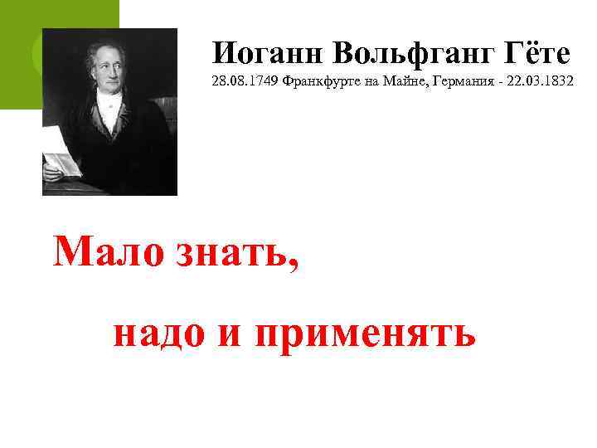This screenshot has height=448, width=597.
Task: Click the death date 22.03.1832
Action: point(540,85)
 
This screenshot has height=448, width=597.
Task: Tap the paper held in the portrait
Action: point(60,150)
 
